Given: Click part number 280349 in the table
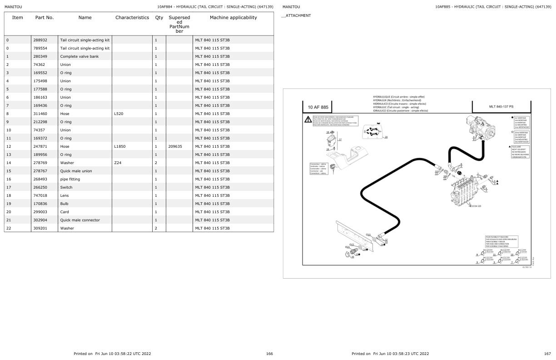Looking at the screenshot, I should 40,56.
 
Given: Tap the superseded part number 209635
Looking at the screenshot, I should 175,146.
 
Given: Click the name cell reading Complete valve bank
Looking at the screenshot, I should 79,56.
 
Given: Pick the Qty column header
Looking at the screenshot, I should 159,18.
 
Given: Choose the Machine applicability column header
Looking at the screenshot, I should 233,18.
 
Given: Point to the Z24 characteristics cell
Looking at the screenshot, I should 118,163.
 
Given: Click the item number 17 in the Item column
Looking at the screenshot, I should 8,187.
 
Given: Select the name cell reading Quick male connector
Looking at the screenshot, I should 80,220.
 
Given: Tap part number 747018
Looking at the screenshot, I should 40,195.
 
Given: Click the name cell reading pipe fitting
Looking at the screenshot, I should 70,179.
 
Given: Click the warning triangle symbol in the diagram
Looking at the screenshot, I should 308,119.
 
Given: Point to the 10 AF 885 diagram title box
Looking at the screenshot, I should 318,107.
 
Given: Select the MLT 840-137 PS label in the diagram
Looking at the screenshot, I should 501,107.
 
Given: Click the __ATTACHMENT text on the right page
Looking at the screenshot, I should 296,15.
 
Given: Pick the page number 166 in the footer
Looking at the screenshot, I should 269,353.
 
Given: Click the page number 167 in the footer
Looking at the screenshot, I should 547,353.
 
